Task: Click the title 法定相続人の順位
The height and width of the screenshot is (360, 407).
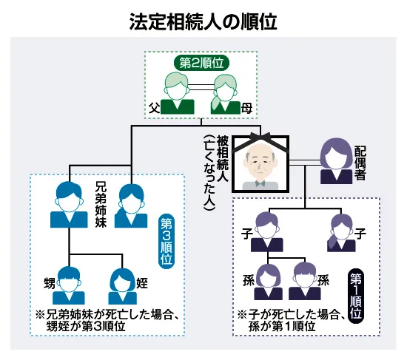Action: (203, 21)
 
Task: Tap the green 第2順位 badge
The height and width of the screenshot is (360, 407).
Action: (201, 63)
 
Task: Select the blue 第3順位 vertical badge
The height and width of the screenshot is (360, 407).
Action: (166, 242)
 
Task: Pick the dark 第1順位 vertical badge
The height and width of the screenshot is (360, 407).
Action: (356, 296)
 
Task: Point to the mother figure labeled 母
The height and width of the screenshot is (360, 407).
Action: (225, 95)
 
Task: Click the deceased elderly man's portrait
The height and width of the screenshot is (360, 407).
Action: (260, 164)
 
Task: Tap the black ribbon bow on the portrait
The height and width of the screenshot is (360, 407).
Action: (260, 137)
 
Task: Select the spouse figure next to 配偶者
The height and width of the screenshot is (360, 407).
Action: (336, 161)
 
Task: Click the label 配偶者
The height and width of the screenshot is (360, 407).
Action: (360, 163)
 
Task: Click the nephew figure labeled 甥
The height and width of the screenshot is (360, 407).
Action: (69, 285)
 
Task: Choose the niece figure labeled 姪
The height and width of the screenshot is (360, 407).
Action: (123, 286)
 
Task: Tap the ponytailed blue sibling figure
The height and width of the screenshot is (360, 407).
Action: (131, 206)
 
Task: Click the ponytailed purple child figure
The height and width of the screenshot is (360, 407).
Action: (341, 233)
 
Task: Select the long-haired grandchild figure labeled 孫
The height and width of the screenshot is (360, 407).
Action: (268, 282)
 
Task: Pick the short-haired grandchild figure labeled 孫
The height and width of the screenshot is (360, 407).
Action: (305, 281)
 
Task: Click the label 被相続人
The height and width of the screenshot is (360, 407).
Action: (223, 158)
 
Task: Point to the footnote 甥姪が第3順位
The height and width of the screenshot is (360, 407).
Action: (86, 327)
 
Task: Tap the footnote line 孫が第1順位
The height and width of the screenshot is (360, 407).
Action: (282, 327)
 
